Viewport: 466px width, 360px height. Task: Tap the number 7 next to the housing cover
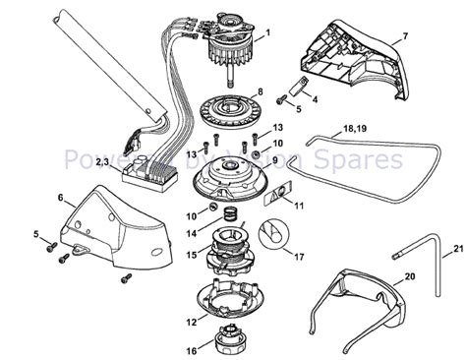pos(405,36)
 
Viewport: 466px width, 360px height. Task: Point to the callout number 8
pos(260,91)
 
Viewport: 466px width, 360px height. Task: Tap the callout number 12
pos(190,321)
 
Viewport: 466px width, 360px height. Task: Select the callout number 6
pos(62,198)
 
